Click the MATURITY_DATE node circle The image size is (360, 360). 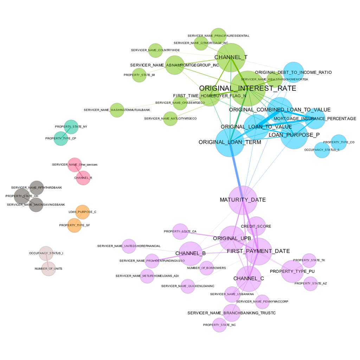(243, 200)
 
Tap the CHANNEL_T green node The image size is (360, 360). (231, 57)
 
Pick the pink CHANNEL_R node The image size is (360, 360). (83, 178)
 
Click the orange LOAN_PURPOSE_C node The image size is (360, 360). (82, 212)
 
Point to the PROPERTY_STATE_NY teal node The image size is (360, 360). (71, 127)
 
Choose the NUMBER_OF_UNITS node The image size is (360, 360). (49, 269)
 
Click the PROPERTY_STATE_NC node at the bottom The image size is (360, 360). (219, 325)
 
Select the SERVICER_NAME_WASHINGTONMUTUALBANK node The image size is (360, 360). (117, 110)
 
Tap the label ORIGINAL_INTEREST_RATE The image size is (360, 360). (247, 88)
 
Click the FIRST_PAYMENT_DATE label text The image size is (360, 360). (258, 251)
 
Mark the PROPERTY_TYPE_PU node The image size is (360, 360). (292, 271)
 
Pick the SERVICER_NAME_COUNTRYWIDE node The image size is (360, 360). (155, 50)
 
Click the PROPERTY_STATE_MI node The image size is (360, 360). (139, 75)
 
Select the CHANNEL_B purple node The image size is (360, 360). (190, 253)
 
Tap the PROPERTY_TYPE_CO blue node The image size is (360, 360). (339, 142)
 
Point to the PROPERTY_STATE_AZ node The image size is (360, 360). (310, 283)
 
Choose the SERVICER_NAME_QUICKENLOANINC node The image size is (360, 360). (188, 286)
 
